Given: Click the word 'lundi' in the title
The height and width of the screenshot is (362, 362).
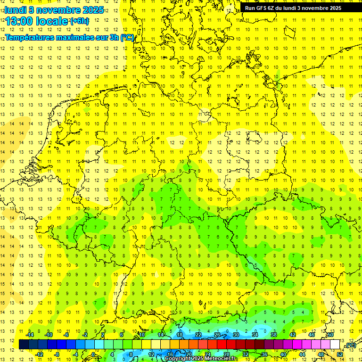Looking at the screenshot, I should pyautogui.click(x=15, y=9).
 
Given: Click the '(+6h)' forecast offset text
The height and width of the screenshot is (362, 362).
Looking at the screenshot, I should pyautogui.click(x=79, y=21).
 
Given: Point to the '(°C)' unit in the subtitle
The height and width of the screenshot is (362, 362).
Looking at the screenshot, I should pyautogui.click(x=127, y=38).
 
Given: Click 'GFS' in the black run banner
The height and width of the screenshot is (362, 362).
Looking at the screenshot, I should pyautogui.click(x=262, y=8).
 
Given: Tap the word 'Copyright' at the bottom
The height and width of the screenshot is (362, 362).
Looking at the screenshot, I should pyautogui.click(x=178, y=359).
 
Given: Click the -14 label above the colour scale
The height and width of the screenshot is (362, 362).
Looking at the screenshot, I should pyautogui.click(x=30, y=335).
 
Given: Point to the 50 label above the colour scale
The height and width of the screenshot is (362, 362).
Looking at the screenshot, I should pyautogui.click(x=330, y=335).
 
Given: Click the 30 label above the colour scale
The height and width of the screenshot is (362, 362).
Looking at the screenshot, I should pyautogui.click(x=236, y=335).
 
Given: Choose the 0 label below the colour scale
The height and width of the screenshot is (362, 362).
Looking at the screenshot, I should pyautogui.click(x=94, y=354).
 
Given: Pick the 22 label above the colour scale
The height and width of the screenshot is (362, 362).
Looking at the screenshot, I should pyautogui.click(x=198, y=335).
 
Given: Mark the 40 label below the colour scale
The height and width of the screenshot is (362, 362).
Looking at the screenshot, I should pyautogui.click(x=283, y=354).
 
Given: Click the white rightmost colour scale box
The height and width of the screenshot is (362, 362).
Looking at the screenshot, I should pyautogui.click(x=335, y=345).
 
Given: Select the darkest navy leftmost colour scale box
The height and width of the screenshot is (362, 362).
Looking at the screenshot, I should pyautogui.click(x=24, y=345).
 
